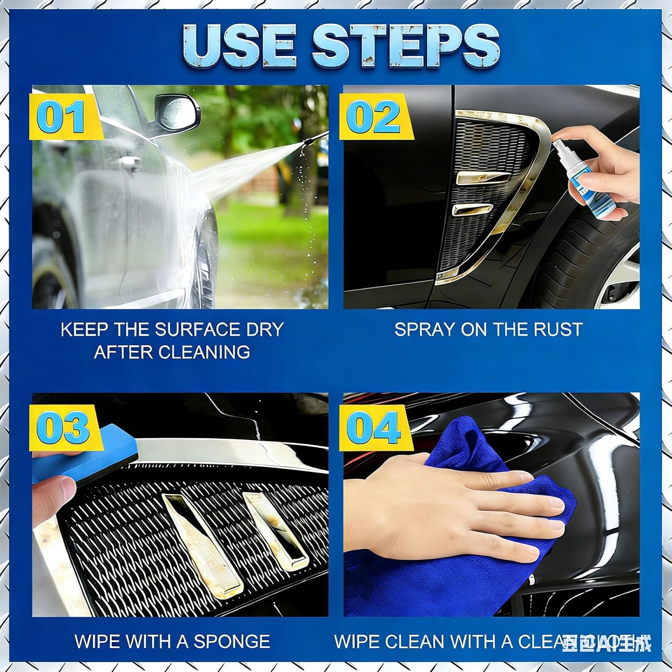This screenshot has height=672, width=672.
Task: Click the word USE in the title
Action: pos(240,46)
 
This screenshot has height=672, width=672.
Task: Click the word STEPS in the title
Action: pos(405,46)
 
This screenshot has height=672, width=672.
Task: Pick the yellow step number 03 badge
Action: pos(63,427)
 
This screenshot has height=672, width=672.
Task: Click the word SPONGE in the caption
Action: pos(232,642)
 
